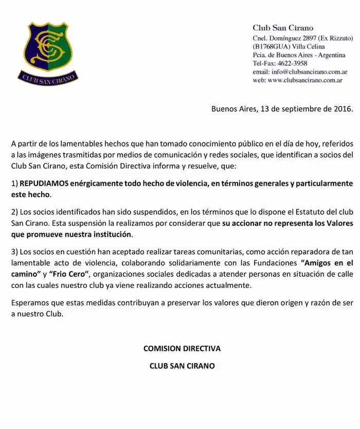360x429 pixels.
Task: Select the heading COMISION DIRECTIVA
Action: [182, 348]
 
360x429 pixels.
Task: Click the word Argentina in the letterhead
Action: [331, 55]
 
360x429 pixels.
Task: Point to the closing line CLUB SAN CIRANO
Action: [182, 366]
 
